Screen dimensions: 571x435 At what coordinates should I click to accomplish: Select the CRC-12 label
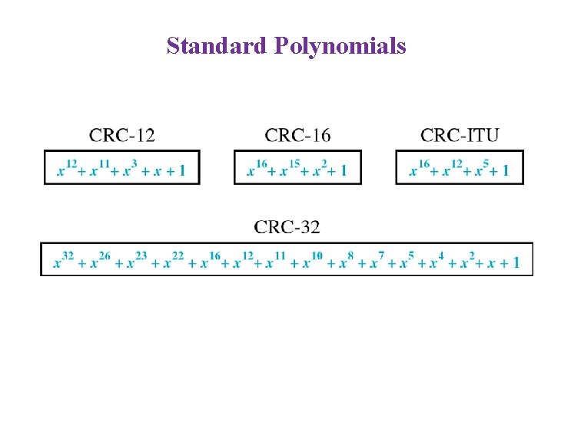(121, 136)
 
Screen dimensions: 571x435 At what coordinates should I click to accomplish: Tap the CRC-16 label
(297, 136)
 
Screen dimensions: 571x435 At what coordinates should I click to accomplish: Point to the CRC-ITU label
(460, 136)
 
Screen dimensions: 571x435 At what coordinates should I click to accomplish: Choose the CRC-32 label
(287, 226)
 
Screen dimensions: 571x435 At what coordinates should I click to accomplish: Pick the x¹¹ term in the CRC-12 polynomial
(101, 168)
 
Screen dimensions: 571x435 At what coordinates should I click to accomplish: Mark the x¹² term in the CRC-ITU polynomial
(451, 168)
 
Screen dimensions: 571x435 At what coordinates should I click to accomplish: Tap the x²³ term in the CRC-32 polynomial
(135, 261)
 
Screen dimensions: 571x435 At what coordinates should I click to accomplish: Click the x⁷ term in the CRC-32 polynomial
(377, 261)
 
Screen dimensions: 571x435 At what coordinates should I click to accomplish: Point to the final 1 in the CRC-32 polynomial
(516, 262)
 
